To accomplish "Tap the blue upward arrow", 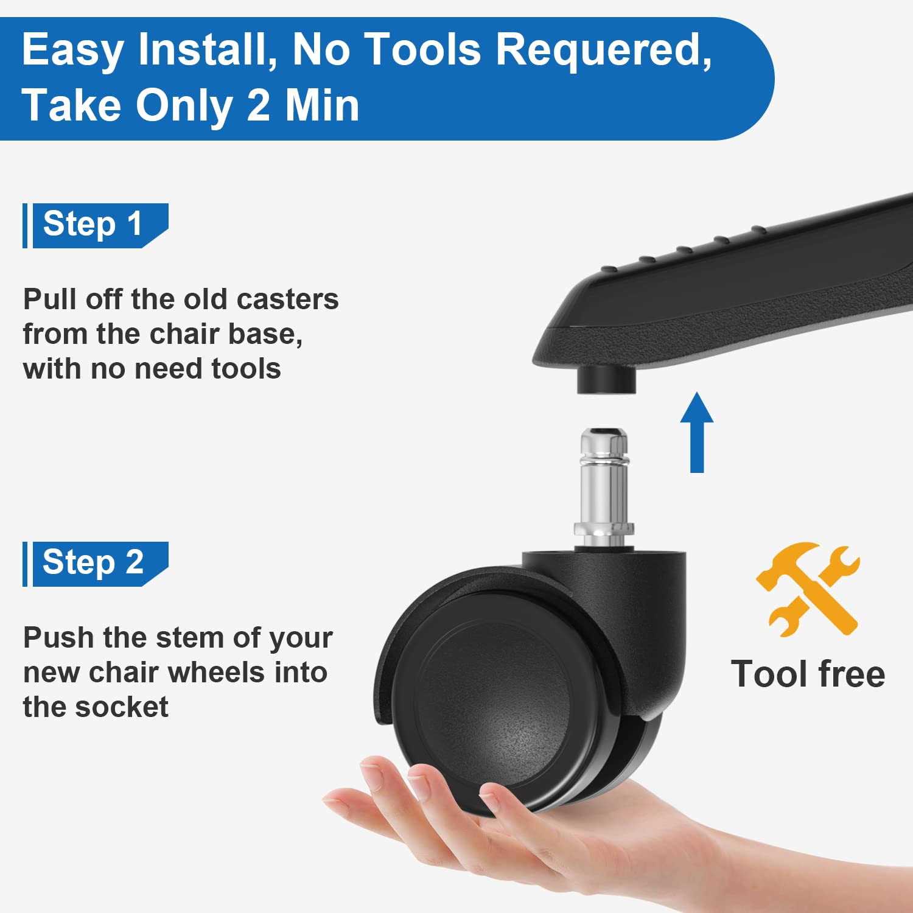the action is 697,432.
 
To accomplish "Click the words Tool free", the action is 808,674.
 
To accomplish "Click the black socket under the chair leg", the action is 606,379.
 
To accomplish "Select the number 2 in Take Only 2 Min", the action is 259,105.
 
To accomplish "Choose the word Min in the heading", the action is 323,105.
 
